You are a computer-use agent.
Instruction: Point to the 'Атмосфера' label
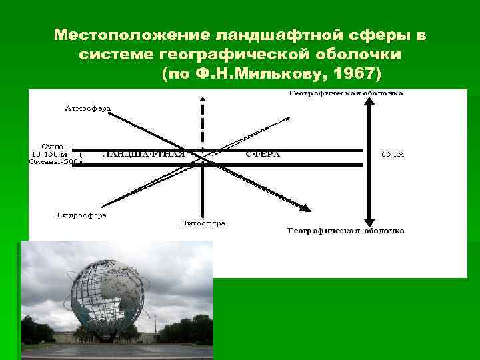(x=87, y=107)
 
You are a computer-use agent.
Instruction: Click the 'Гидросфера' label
(x=82, y=215)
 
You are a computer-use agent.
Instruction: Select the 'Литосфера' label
(x=203, y=223)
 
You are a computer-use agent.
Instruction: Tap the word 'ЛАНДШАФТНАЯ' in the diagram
(x=143, y=154)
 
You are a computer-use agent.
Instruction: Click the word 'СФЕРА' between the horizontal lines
(x=263, y=154)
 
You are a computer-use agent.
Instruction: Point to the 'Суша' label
(x=53, y=145)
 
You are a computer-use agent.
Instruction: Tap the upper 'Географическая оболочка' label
(x=345, y=93)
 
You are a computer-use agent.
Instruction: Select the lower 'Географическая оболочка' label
(x=345, y=231)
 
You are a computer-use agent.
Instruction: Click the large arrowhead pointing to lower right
(x=304, y=207)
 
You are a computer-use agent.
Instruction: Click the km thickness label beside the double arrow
(x=392, y=154)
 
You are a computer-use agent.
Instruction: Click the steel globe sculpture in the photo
(x=111, y=293)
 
